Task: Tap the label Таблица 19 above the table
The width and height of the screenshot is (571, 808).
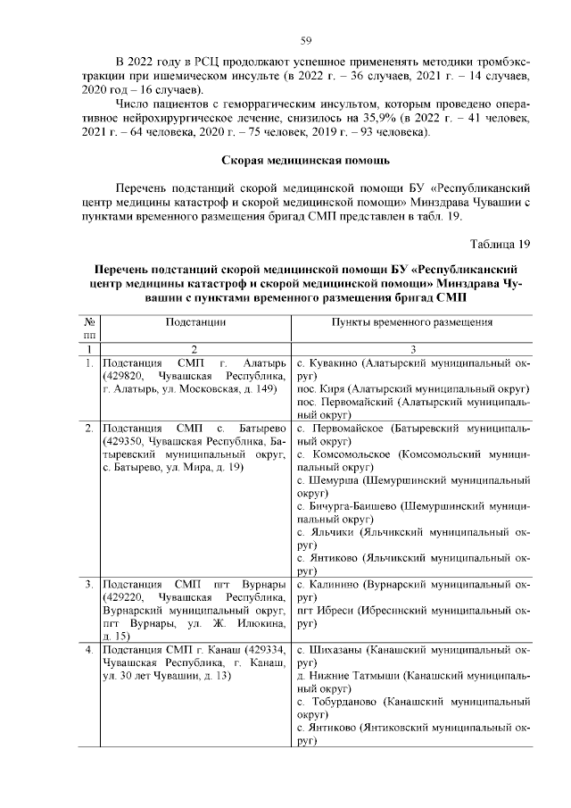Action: point(499,243)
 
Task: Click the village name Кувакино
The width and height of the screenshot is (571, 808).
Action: point(329,365)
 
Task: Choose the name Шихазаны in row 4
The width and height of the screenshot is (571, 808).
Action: point(335,651)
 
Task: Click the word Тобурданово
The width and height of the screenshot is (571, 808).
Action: point(343,703)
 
